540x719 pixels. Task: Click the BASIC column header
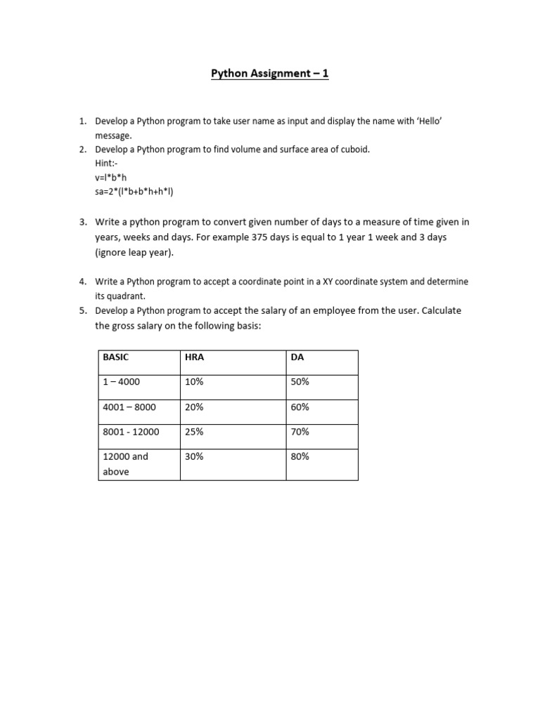(x=116, y=357)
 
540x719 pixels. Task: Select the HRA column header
(x=194, y=357)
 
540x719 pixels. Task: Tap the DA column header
(x=297, y=357)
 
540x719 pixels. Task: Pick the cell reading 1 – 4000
(x=122, y=382)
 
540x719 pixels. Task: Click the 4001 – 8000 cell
(x=129, y=407)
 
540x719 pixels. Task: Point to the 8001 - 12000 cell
(x=131, y=432)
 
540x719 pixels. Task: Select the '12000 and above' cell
(x=126, y=464)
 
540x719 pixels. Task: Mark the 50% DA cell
(x=300, y=382)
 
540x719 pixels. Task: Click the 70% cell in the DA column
(x=300, y=432)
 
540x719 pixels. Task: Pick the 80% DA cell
(x=300, y=456)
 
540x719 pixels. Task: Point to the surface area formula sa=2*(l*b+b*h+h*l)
(x=133, y=192)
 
